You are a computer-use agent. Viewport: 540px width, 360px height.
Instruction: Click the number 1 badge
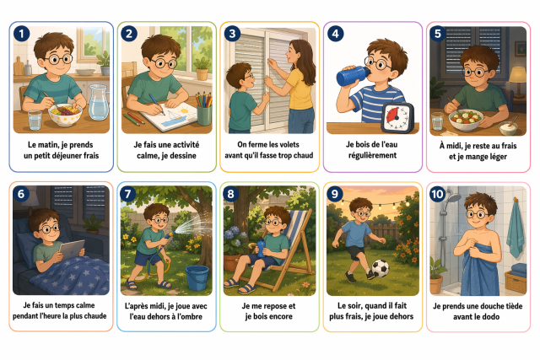click(21, 34)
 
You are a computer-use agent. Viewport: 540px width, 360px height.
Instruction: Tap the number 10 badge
click(437, 194)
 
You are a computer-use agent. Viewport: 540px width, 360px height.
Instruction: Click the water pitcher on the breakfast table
click(99, 102)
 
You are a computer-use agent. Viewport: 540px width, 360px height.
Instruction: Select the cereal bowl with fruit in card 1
click(65, 115)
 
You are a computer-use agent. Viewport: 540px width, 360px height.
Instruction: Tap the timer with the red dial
click(397, 118)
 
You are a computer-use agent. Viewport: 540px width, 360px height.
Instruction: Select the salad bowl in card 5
click(466, 120)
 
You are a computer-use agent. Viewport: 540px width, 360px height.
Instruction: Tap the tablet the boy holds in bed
click(72, 250)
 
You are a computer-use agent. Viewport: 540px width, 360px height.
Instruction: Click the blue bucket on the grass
click(197, 278)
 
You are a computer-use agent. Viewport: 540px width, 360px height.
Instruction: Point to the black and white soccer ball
click(381, 268)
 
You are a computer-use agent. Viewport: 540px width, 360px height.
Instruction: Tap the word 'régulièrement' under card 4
click(372, 156)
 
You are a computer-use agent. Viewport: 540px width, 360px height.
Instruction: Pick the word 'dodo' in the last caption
click(490, 317)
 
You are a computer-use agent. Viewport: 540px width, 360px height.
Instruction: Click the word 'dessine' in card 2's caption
click(183, 156)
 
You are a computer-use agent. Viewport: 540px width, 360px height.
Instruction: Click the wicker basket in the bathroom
click(516, 282)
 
